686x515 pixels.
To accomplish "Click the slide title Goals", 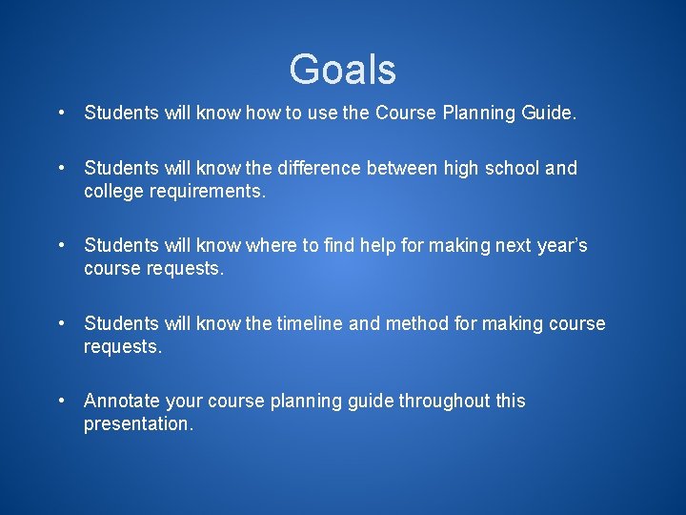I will tap(343, 70).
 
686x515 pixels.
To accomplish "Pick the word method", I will tap(417, 323).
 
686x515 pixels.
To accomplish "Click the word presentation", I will tap(137, 423).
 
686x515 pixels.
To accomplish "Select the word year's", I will tap(562, 246).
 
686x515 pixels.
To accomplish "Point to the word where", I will tap(271, 246).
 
